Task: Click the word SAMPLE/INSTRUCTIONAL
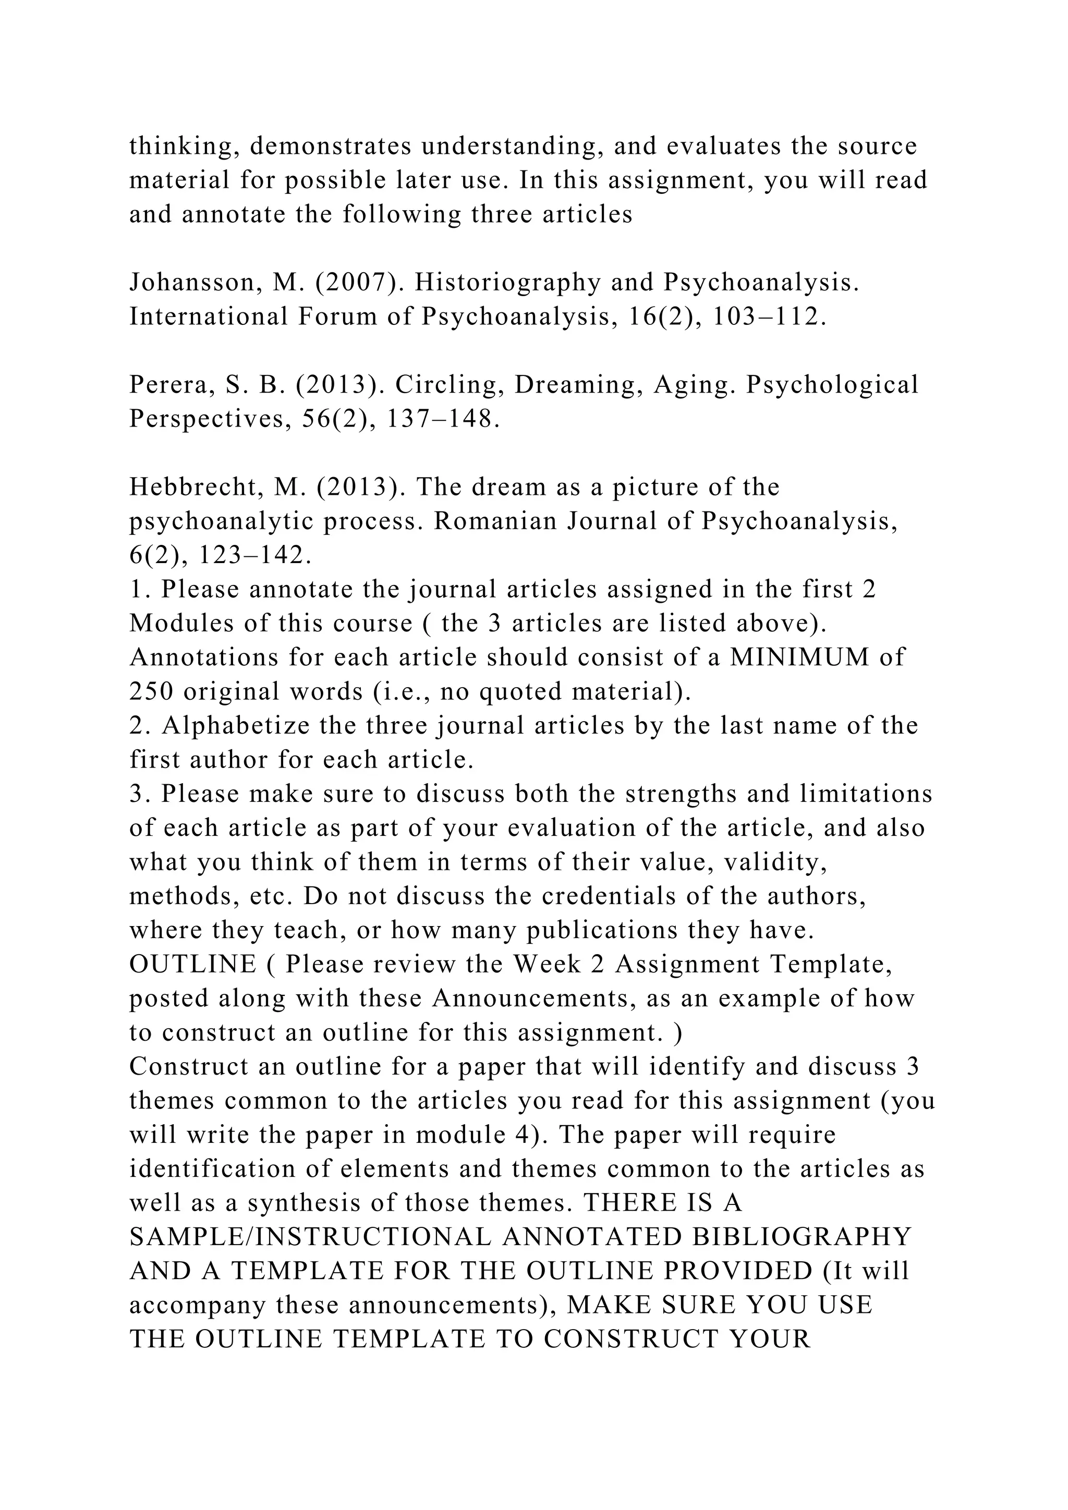point(310,1238)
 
